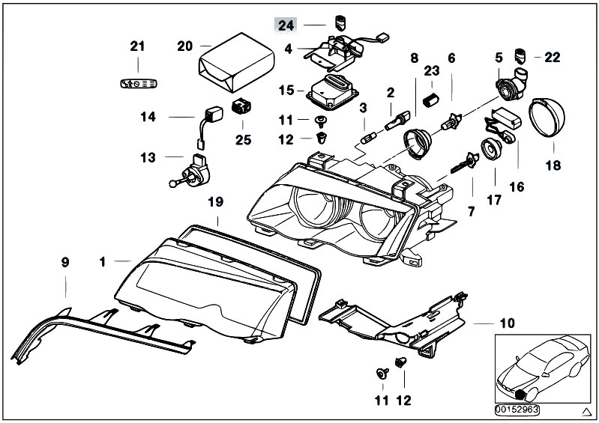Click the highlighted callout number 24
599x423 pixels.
click(286, 25)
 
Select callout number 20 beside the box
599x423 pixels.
click(184, 46)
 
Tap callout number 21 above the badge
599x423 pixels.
click(136, 46)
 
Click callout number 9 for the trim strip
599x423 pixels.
click(64, 262)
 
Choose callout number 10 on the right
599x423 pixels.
click(508, 323)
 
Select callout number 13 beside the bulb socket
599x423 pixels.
click(147, 158)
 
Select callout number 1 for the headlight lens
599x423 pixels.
click(103, 262)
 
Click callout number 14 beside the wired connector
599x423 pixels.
click(147, 118)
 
